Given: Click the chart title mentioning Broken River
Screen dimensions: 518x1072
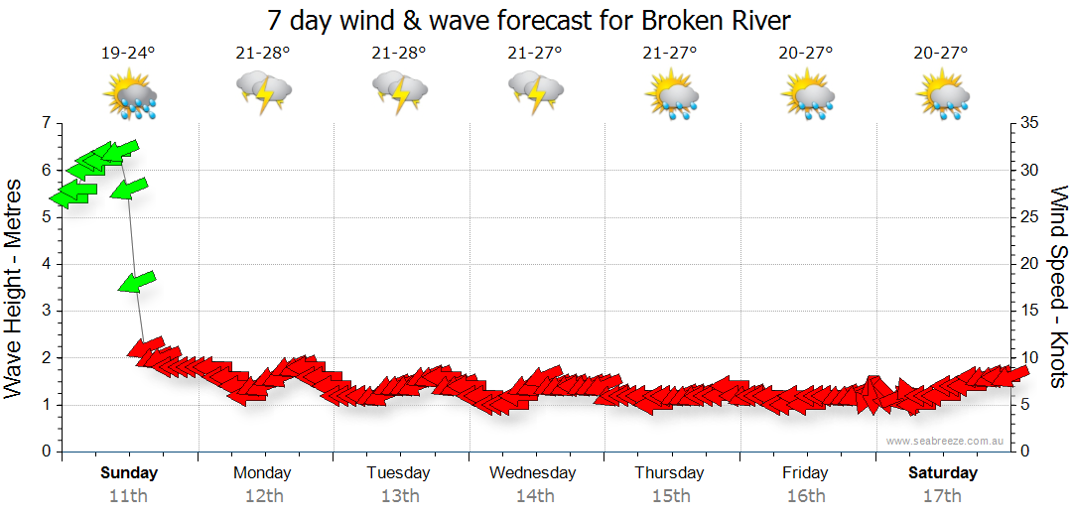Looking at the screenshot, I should coord(530,20).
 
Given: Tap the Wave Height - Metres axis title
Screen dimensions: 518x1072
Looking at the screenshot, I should coord(14,288).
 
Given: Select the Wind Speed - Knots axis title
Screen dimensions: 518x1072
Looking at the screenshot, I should coord(1058,287).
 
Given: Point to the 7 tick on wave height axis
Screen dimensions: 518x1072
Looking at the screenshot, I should coord(45,123).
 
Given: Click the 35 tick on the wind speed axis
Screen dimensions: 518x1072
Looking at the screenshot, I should coord(1028,123).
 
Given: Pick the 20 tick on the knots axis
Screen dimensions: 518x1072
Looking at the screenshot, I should coord(1028,264).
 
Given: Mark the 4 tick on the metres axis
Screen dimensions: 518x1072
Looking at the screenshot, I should coord(45,264).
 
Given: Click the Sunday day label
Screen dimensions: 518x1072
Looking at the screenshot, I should coord(129,472).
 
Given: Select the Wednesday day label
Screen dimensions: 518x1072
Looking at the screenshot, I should coord(532,472).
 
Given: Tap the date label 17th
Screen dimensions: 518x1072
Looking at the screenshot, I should coord(941,495).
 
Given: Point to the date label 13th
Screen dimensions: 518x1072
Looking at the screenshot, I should coord(398,495).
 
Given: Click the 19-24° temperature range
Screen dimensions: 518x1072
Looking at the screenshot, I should coord(129,53).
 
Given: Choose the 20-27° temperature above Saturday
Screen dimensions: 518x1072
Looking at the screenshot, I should coord(941,53).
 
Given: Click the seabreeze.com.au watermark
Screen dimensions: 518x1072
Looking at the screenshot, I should coord(946,441).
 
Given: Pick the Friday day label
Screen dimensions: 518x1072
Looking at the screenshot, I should coord(805,472).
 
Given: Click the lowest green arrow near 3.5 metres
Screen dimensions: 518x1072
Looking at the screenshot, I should coord(137,282).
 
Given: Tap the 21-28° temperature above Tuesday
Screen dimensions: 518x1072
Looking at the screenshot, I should coord(398,53).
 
